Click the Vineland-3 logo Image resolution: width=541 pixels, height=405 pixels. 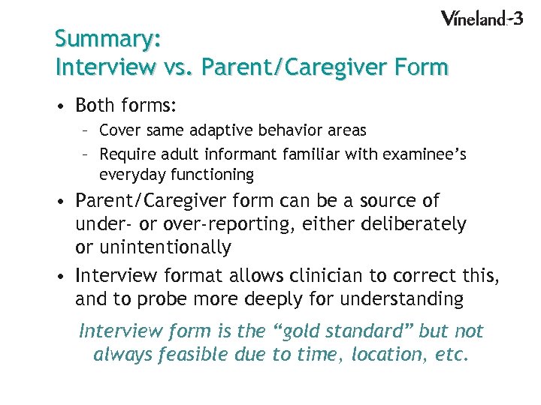481,19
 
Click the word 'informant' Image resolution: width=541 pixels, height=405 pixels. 235,154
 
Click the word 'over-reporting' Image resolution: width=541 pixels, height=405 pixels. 223,224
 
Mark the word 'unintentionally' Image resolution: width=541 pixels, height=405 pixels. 165,247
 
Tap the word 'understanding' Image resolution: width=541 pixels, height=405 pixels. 401,299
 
